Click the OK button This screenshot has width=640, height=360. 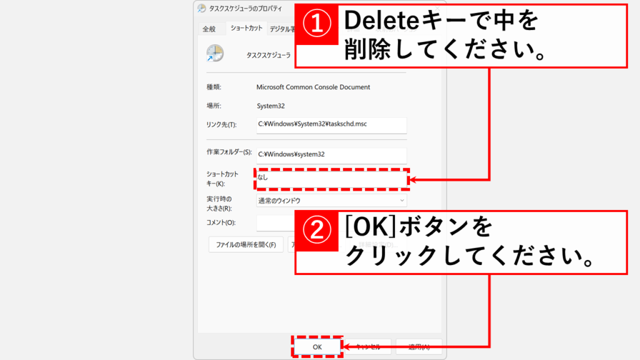coord(317,346)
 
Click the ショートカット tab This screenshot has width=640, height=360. coord(246,28)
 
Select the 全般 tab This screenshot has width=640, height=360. coord(209,29)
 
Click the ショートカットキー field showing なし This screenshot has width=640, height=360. coord(331,178)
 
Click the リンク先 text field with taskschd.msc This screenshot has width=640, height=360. coord(331,124)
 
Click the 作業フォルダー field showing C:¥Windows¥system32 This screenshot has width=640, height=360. coord(331,154)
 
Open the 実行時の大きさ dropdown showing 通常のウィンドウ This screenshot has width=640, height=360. coord(331,201)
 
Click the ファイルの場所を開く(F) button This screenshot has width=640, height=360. coord(246,244)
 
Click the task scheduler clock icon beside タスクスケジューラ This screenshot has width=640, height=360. coord(214,54)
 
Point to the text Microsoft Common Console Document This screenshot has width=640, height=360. coord(314,87)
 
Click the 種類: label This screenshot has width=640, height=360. coord(214,87)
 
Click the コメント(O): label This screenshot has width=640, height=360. coord(221,222)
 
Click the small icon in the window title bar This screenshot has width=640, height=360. coord(201,9)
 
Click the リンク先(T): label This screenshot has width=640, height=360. coord(221,124)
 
